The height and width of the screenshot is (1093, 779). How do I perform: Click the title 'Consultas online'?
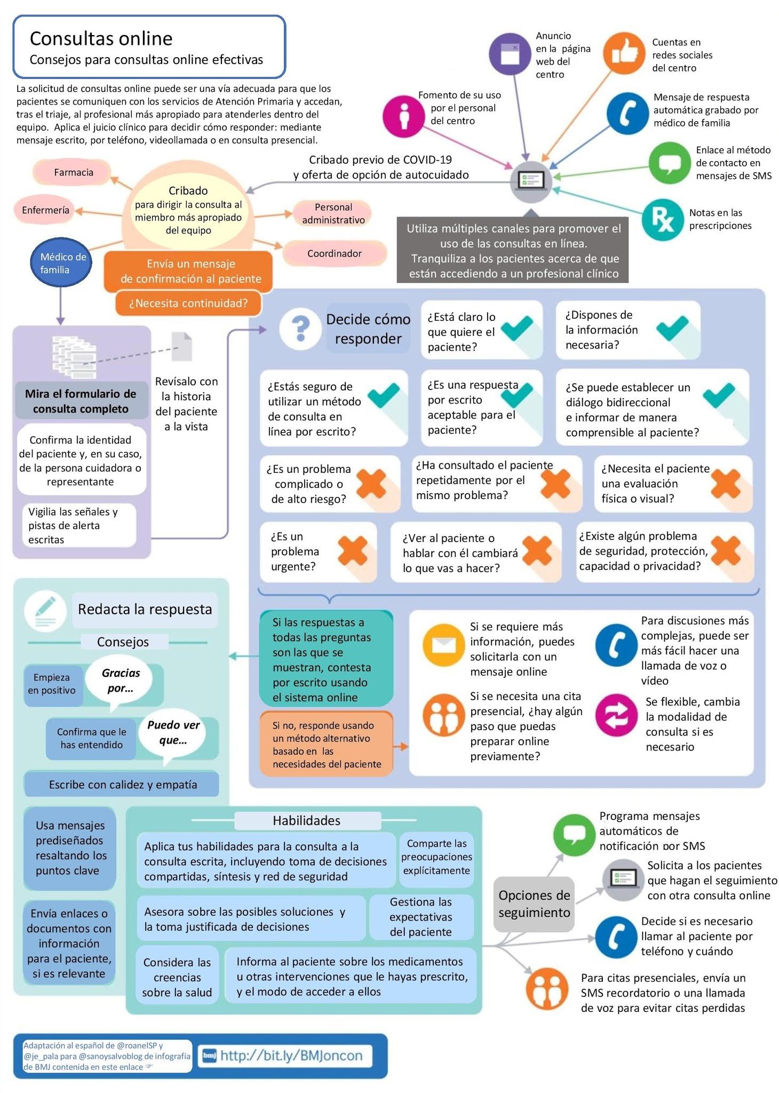(x=101, y=38)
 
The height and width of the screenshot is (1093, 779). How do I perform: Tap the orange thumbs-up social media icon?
(x=624, y=53)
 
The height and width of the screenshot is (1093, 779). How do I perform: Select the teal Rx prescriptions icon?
(x=663, y=219)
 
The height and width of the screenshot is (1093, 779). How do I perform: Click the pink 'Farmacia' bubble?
(x=73, y=172)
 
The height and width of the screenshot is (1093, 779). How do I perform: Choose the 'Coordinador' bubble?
(x=335, y=254)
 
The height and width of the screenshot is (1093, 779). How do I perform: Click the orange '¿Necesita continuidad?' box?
(x=188, y=303)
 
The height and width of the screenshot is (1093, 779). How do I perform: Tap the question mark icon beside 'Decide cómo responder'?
(x=301, y=329)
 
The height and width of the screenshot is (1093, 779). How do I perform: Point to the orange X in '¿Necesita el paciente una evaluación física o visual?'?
(x=726, y=484)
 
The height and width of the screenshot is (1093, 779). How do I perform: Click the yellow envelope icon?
(x=443, y=645)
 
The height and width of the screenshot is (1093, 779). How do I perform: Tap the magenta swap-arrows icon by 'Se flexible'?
(x=616, y=715)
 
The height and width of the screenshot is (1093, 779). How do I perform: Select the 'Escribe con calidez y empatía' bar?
(x=122, y=784)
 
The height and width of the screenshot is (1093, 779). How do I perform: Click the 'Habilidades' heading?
(x=307, y=820)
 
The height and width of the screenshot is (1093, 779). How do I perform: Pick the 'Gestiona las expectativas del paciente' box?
(x=421, y=916)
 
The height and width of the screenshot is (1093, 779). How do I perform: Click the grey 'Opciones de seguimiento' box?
(x=534, y=904)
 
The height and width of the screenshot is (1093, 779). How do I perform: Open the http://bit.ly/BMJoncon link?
(x=291, y=1055)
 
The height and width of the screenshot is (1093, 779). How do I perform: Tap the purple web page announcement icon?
(x=510, y=53)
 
